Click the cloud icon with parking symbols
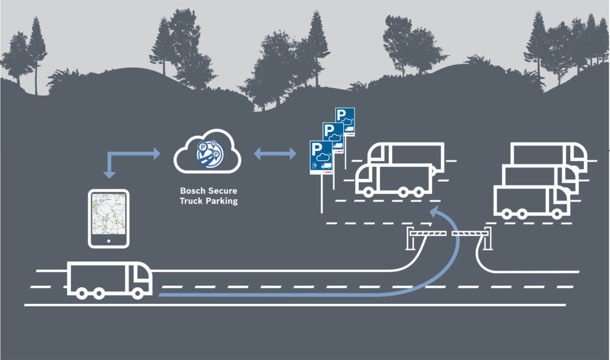[x=207, y=153]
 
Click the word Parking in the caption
[x=221, y=201]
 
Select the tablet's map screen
[x=108, y=214]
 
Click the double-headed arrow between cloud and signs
[x=275, y=155]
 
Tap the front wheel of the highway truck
[x=138, y=293]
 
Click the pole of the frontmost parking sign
[x=322, y=193]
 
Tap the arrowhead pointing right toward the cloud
[x=157, y=153]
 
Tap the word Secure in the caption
[x=221, y=191]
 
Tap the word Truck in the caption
[x=191, y=201]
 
